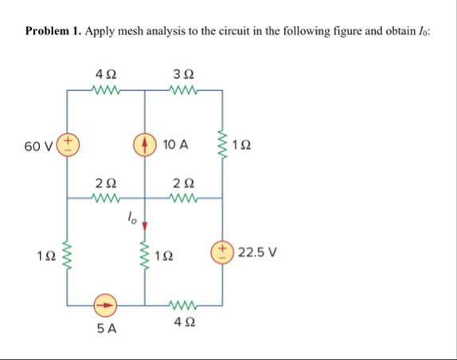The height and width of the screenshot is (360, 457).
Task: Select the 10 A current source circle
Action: [145, 145]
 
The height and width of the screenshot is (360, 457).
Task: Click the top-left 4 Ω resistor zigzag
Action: [105, 89]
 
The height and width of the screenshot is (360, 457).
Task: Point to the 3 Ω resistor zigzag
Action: [184, 89]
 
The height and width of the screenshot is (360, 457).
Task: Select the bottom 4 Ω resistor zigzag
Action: [184, 304]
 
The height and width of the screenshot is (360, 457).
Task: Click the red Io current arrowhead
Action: [145, 225]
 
